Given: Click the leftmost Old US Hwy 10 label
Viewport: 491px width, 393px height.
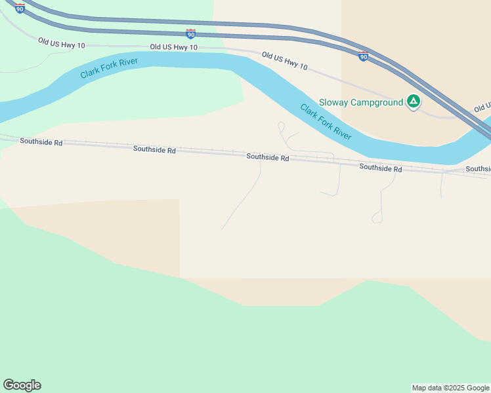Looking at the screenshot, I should coord(61,43).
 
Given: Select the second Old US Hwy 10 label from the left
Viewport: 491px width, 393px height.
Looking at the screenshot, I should coord(173,47).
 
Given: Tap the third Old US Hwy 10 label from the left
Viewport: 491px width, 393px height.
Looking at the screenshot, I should coord(285,61).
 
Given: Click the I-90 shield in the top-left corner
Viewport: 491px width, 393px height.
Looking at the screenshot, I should coord(20,8).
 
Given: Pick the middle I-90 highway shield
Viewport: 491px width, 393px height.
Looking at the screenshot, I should coord(190,33).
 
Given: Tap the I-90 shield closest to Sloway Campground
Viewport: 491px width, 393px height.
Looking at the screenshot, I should coord(363,56).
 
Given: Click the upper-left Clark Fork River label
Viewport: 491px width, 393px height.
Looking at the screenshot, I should coord(109,67).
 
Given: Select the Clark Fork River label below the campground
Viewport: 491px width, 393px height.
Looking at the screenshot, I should coord(326,121).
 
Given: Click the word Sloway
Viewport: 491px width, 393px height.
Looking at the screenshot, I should coord(333,102).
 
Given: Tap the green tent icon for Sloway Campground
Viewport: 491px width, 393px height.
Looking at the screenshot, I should coord(414,102).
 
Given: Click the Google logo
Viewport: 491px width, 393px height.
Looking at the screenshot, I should coord(22,385).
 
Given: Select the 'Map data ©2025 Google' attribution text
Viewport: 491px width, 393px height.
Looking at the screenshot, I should coord(451,388).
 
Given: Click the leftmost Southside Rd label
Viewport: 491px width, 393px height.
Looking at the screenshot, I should coord(41,141).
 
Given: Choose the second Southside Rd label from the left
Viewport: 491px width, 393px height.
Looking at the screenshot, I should coord(154,150).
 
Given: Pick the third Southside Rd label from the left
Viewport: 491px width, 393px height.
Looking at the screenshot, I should coord(268,157).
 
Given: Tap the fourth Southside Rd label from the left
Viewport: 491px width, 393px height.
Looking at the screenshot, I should coord(381,168).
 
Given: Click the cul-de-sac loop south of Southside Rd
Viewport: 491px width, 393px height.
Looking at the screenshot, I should coord(377,217).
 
